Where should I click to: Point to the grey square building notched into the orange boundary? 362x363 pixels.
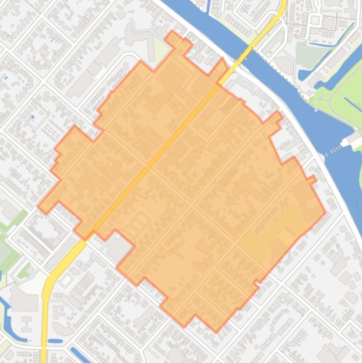[118, 248]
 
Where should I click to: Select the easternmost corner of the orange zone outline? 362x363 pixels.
[325, 212]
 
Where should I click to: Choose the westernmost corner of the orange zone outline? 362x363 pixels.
[38, 206]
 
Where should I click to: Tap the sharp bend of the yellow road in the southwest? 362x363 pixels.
[47, 288]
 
